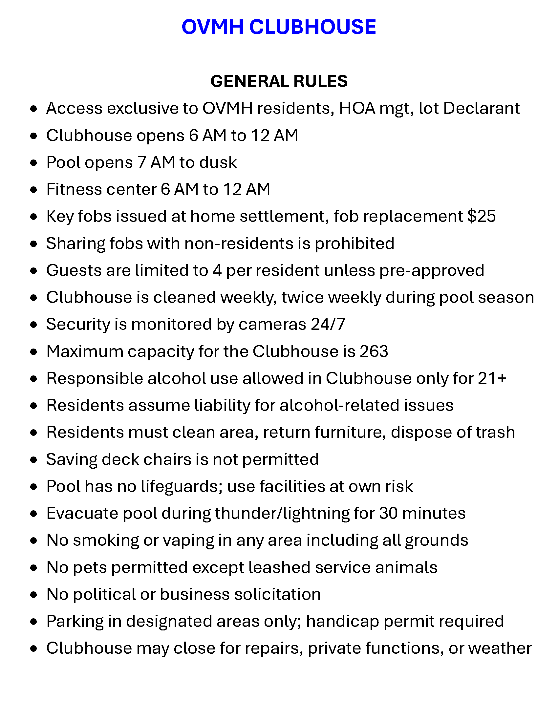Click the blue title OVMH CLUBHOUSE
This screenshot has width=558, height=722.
tap(279, 27)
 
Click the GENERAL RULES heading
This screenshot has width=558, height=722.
tap(279, 81)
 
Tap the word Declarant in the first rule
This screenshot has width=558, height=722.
tap(481, 108)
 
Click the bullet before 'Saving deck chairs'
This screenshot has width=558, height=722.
tap(33, 460)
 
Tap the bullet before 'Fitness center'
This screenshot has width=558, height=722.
tap(33, 190)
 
